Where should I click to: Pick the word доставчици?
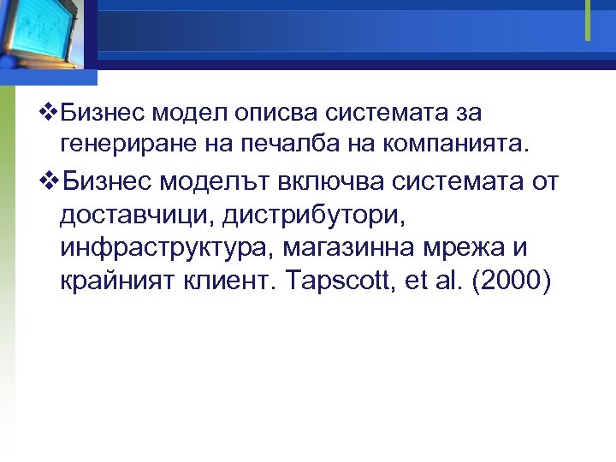(137, 216)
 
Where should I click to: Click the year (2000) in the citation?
(511, 282)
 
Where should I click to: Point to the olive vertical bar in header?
(588, 20)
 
